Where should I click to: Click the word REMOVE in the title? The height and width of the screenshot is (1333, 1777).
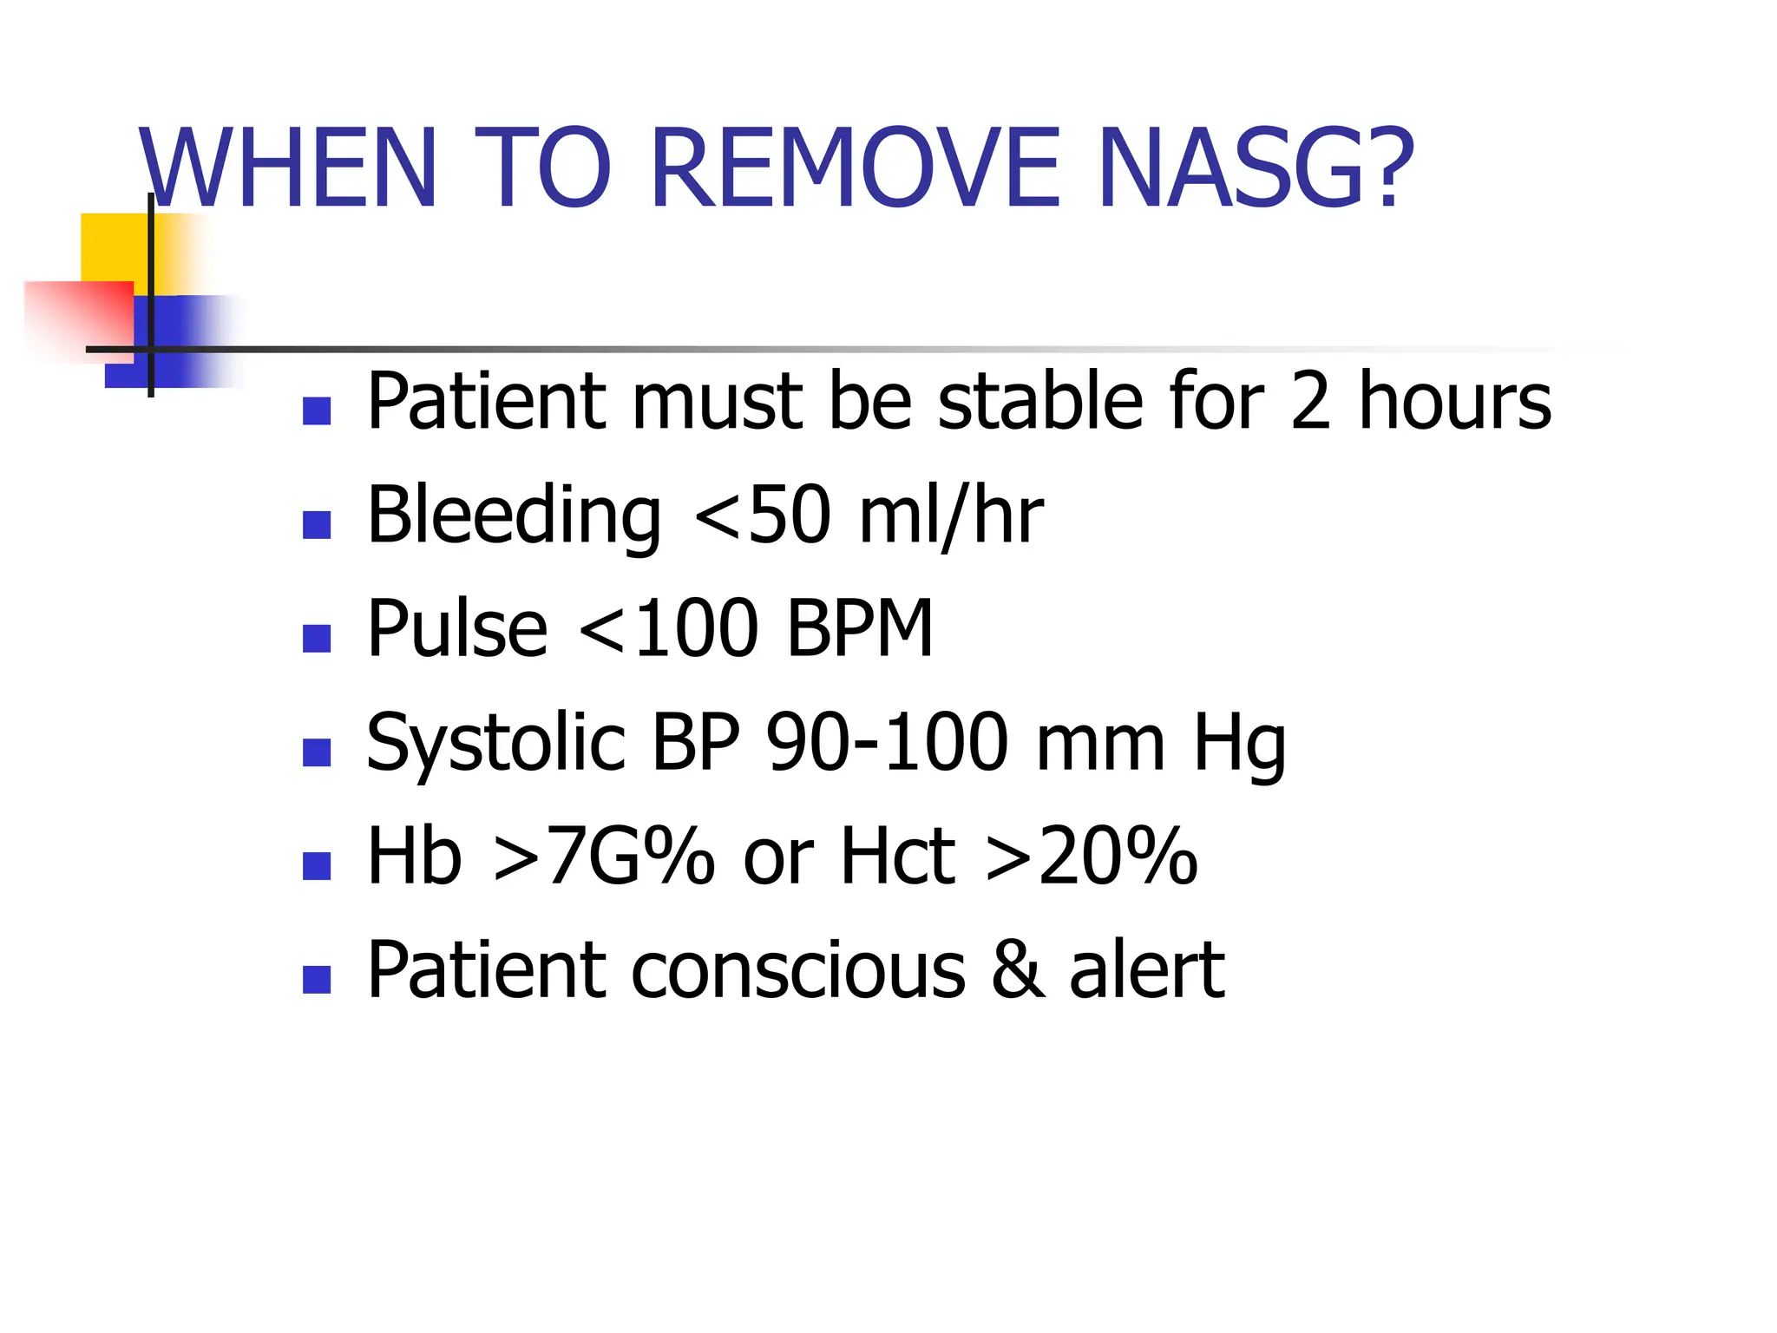click(855, 168)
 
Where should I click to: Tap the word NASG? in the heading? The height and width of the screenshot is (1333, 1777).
click(1256, 168)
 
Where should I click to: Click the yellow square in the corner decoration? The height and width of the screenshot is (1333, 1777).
click(113, 246)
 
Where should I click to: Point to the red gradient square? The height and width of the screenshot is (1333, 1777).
click(78, 318)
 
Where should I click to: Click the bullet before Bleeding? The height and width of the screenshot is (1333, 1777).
click(317, 525)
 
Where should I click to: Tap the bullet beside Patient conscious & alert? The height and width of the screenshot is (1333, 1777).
click(317, 979)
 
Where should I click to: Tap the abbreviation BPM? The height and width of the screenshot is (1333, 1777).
click(858, 628)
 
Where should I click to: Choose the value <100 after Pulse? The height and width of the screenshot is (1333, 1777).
click(667, 628)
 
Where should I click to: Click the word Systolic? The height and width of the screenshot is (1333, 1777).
click(495, 744)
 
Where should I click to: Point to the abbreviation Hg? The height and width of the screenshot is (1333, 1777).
click(1239, 744)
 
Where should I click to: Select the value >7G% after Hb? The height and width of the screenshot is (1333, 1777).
click(604, 857)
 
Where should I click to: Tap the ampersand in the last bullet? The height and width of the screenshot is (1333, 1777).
click(1018, 970)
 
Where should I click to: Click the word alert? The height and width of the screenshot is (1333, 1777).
click(1147, 970)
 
